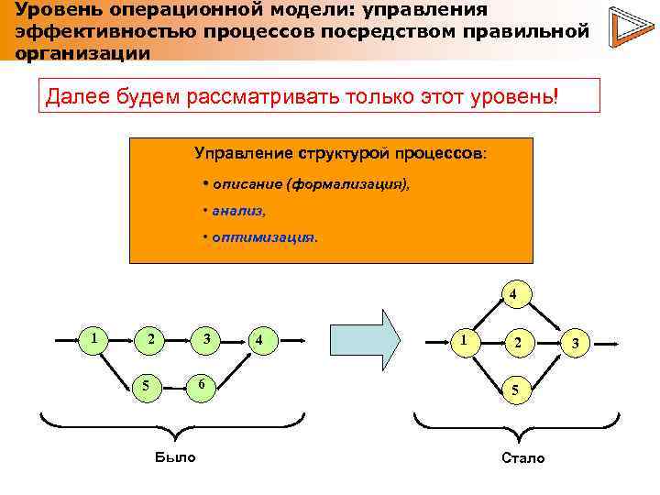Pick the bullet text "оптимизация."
tap(264, 236)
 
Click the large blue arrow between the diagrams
tap(364, 339)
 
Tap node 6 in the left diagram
tap(202, 384)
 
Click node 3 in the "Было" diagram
tap(207, 339)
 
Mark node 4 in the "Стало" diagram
tap(514, 295)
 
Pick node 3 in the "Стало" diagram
tap(574, 343)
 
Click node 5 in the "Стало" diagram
tap(515, 390)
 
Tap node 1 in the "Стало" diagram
tap(466, 339)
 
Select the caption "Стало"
tap(523, 456)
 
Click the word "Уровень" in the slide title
tap(53, 9)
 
